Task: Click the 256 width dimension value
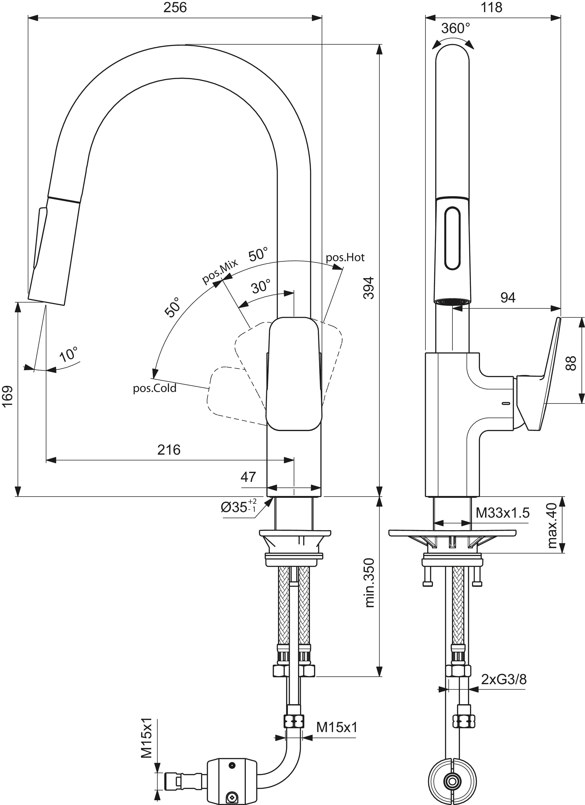(x=175, y=8)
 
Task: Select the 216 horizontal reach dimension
(x=169, y=450)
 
